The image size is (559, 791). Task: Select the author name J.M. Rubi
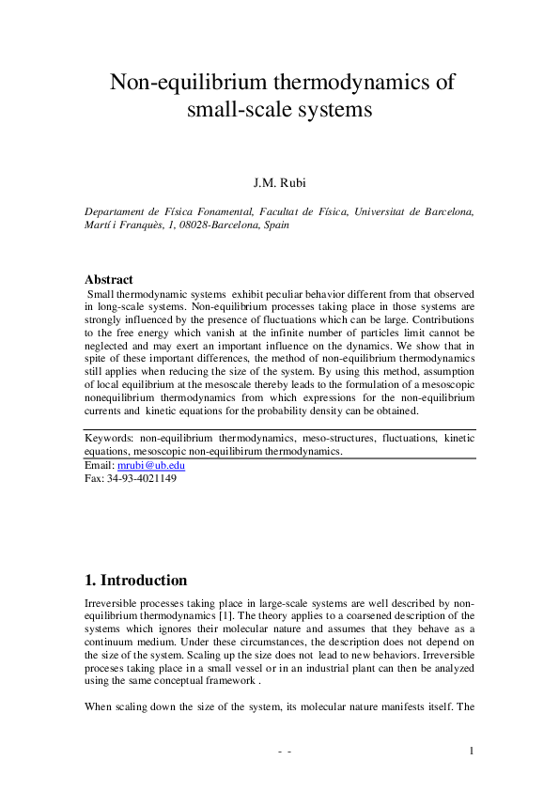tap(279, 181)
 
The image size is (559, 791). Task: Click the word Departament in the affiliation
tap(120, 212)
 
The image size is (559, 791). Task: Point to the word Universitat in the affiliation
tap(380, 212)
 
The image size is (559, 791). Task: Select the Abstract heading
tap(109, 280)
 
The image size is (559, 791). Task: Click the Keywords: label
tap(109, 438)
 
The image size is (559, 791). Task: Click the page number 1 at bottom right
tap(472, 751)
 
